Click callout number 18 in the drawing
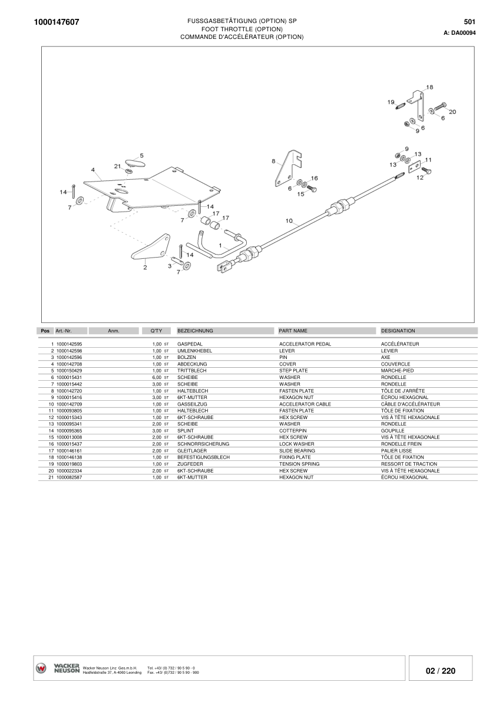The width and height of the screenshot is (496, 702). point(429,87)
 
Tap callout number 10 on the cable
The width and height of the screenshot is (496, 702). point(289,221)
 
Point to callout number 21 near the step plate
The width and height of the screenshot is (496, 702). point(117,166)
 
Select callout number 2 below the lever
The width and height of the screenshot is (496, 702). point(145,267)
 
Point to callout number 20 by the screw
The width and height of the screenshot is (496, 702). point(452,111)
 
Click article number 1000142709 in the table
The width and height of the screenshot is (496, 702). point(70,404)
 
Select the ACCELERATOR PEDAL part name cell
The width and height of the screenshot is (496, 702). point(305,344)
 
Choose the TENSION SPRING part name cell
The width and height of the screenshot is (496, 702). point(299,464)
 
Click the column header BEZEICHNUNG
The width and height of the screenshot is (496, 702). point(195,331)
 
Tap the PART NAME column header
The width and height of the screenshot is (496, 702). point(293,331)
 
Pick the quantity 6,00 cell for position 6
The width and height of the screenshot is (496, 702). point(157,377)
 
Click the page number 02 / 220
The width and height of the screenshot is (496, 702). point(441,671)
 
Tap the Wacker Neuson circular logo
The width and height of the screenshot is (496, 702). point(42,668)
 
